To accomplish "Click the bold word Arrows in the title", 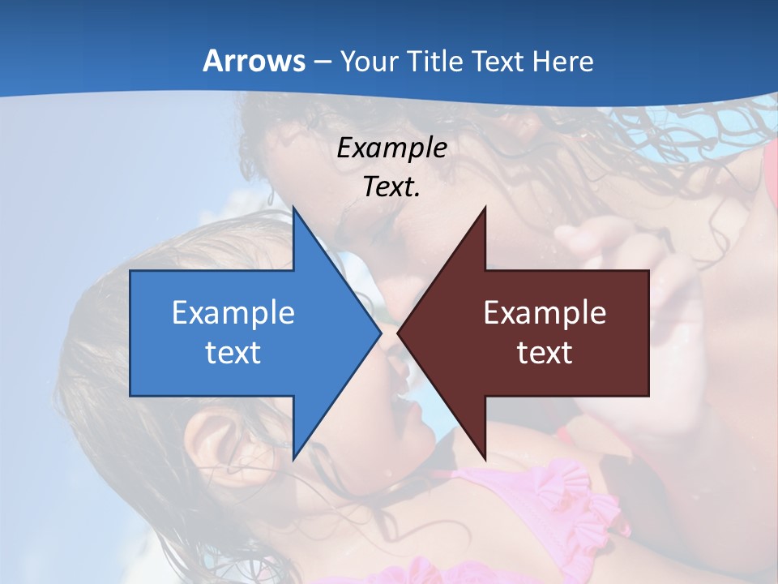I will coord(254,61).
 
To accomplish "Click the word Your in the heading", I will coord(370,61).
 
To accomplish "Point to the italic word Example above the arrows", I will coord(392,148).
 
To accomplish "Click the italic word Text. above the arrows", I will coord(392,187).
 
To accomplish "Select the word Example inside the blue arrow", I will coord(233,312).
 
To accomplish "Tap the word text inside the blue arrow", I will coord(233,352).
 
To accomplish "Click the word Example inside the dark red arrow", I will coord(545,312).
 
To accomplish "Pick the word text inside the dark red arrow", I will coord(545,352).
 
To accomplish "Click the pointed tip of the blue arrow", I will coord(381,333).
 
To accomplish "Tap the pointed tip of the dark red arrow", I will coord(398,333).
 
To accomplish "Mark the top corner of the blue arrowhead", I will coord(293,208).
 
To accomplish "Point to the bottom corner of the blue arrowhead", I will coord(293,459).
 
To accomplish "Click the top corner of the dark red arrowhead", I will coord(485,208).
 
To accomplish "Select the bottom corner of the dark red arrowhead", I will coord(485,459).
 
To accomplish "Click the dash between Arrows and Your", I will coord(322,62).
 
